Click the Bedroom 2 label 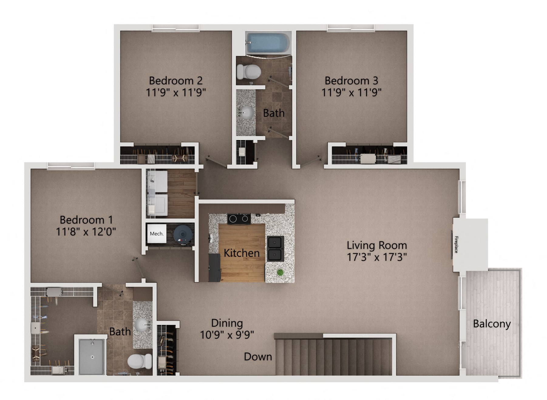pos(175,80)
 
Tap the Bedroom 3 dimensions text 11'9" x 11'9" pos(351,92)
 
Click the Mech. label pos(157,234)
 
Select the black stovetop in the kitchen pos(239,219)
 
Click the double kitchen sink pos(275,248)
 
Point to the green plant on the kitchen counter pos(280,272)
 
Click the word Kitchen pos(242,253)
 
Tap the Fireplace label pos(456,244)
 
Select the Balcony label pos(492,324)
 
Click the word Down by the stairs pos(258,357)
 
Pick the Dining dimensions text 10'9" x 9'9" pos(227,335)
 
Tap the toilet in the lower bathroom pos(140,361)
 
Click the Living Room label pos(377,245)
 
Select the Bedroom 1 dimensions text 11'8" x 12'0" pos(86,232)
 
